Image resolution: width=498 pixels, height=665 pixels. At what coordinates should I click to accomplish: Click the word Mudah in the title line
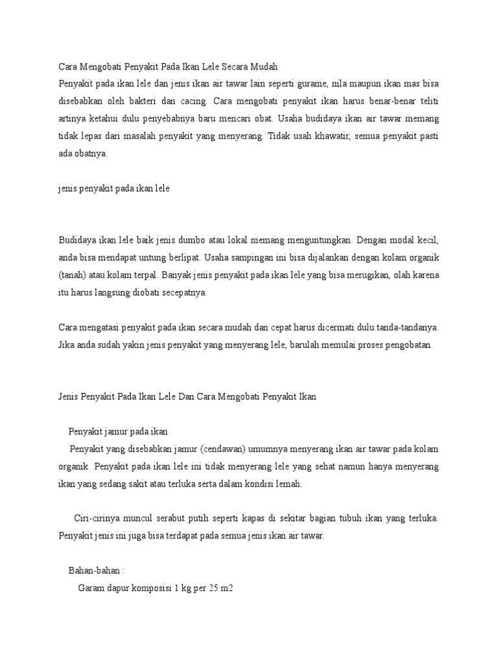pos(263,66)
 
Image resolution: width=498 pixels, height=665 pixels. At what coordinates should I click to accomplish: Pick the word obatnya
pos(90,154)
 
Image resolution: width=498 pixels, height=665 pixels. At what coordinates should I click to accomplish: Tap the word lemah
pos(289,484)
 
